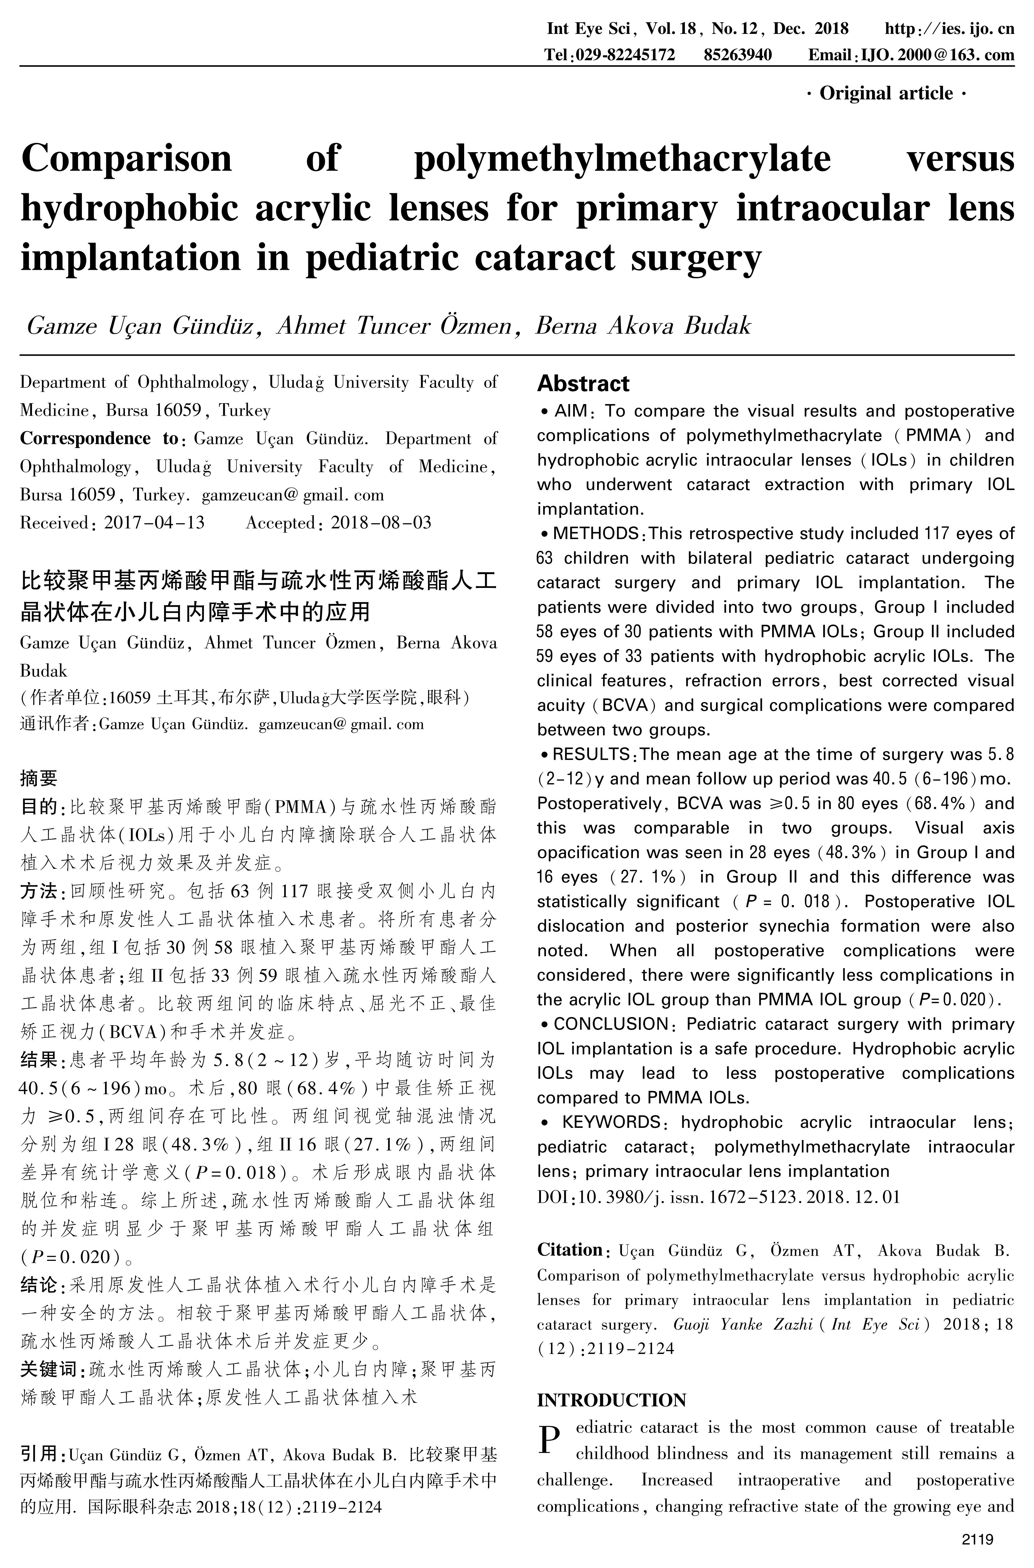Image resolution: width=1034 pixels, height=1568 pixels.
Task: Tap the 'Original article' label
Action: pyautogui.click(x=886, y=94)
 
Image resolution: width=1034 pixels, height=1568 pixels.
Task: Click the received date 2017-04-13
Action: pyautogui.click(x=154, y=523)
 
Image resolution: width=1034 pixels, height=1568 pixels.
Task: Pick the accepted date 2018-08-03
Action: pyautogui.click(x=381, y=523)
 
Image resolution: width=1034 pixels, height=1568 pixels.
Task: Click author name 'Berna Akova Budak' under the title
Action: pyautogui.click(x=643, y=326)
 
